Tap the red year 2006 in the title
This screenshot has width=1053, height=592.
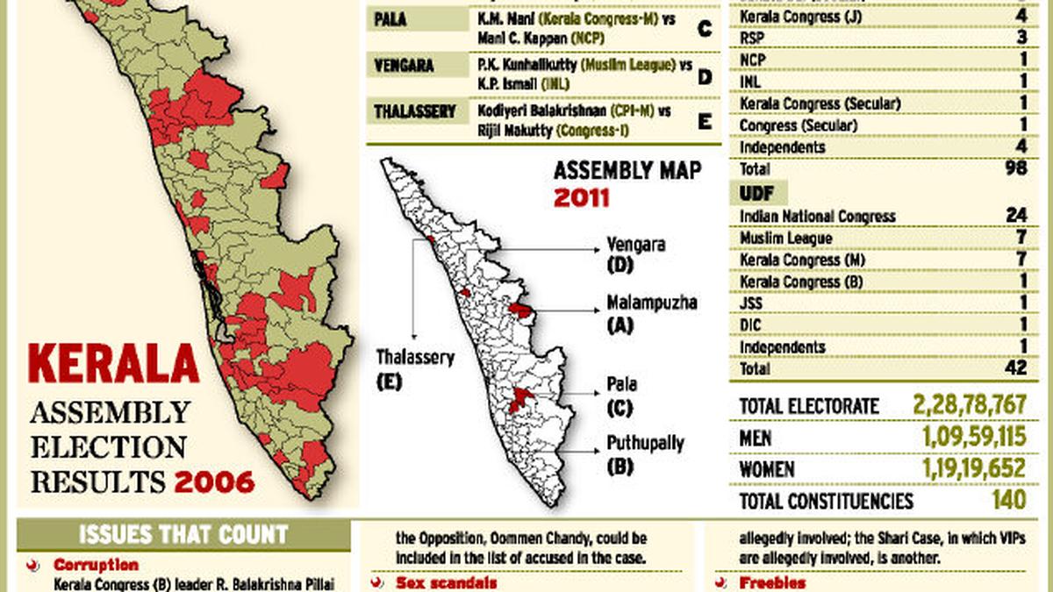point(214,481)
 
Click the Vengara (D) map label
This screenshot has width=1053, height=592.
point(636,253)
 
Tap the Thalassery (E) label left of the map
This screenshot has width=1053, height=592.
point(415,368)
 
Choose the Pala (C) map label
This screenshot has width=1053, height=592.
point(622,395)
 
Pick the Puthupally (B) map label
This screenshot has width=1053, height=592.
point(645,453)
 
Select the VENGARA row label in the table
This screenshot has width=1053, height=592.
point(405,65)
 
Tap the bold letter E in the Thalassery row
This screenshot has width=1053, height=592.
point(704,121)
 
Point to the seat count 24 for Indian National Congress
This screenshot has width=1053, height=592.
point(1016,216)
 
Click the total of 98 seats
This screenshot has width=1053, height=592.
point(1016,168)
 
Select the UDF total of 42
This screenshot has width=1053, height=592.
point(1016,369)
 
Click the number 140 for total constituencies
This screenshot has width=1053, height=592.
point(1010,501)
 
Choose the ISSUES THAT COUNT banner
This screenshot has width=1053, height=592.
point(183,534)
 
